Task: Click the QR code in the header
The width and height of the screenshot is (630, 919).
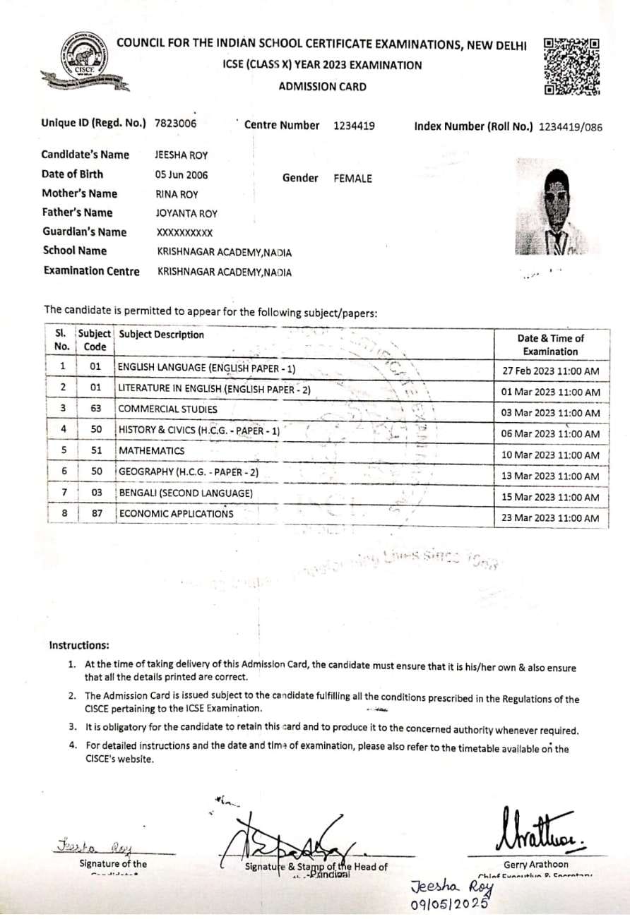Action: [572, 66]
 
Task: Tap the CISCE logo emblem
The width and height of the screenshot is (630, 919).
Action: [83, 61]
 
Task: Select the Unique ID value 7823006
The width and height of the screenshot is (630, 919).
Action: [175, 124]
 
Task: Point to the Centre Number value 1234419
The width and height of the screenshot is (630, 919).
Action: [354, 126]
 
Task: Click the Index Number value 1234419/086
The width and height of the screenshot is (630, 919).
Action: [570, 128]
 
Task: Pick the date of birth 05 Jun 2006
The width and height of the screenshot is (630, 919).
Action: [182, 175]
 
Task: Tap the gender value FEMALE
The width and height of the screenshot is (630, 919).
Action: [352, 179]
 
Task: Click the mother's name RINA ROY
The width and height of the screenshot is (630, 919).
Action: [177, 195]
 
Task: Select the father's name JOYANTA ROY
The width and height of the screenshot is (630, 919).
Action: [186, 214]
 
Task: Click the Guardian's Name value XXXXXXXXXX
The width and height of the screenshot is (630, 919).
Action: [184, 233]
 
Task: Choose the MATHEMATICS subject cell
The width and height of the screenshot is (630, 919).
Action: [151, 450]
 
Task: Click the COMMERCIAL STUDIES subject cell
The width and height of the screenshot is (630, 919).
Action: [167, 409]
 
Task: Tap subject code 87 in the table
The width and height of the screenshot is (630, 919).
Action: [97, 513]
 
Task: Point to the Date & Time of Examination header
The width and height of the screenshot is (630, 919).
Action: [550, 344]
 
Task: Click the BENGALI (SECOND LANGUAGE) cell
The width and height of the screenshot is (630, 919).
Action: [186, 493]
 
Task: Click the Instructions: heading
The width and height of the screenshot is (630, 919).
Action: [79, 645]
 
